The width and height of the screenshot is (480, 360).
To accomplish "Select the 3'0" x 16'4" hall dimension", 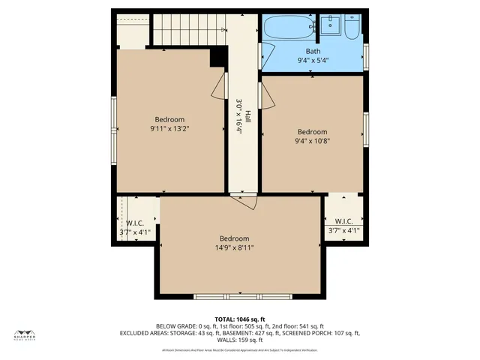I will tap(239, 116).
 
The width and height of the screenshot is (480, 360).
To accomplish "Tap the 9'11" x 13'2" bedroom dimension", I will tap(169, 129).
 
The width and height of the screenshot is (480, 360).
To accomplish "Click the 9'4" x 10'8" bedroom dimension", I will tap(312, 140).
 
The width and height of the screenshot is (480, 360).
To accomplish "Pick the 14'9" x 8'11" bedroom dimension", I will tap(234, 247).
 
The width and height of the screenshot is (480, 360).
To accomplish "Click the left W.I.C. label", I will tap(135, 223).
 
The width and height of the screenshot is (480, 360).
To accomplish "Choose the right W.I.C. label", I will tap(344, 221).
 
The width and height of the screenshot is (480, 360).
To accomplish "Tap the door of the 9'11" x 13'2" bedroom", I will tap(219, 86).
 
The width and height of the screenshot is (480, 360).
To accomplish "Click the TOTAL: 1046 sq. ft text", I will tap(240, 319).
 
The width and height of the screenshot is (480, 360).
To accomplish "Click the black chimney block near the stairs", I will tap(218, 55).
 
